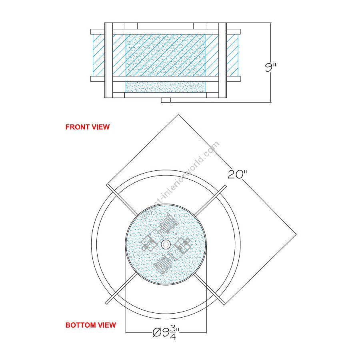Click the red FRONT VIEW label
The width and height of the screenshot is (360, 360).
(88, 127)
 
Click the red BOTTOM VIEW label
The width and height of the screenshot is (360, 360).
(91, 325)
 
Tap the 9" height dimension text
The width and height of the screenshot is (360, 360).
(270, 67)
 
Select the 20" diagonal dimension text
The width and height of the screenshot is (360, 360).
(237, 174)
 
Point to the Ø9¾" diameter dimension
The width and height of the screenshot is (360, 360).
(166, 332)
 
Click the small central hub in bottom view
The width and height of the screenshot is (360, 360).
(166, 244)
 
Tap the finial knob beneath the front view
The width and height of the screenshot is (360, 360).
(166, 100)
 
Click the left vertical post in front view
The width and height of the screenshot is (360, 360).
(108, 60)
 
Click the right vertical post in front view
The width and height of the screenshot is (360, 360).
(222, 60)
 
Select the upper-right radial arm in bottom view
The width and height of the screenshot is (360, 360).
(211, 200)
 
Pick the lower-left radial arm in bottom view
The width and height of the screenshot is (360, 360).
(121, 288)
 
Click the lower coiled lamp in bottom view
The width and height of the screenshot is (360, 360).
(162, 265)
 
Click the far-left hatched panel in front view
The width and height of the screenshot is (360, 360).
(99, 55)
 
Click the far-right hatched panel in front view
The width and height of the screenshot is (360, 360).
(232, 55)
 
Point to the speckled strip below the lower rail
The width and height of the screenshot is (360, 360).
(166, 87)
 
